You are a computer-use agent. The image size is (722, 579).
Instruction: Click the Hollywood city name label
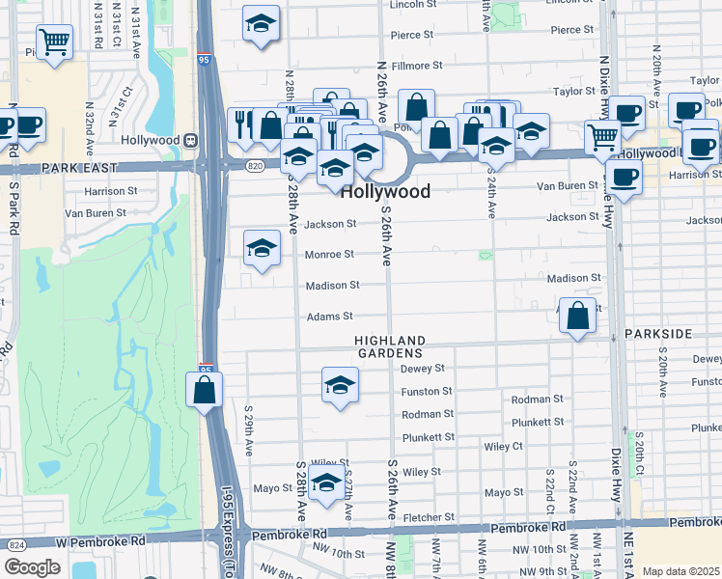(385, 191)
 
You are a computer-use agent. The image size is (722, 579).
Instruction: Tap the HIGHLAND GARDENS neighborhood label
(390, 347)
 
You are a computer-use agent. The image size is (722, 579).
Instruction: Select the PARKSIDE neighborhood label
(658, 333)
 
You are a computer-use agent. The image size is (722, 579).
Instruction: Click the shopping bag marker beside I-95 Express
(204, 390)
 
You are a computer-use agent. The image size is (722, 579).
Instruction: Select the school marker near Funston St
(339, 386)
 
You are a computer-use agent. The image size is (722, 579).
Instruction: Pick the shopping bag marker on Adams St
(576, 315)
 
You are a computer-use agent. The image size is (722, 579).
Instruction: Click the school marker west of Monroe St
(261, 249)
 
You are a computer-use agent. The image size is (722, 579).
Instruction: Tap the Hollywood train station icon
(191, 140)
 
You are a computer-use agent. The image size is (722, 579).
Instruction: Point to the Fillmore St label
(417, 66)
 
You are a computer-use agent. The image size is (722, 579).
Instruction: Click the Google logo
(32, 567)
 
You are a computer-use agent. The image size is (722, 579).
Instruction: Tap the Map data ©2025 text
(680, 571)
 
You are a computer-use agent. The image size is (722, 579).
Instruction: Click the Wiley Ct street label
(503, 446)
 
